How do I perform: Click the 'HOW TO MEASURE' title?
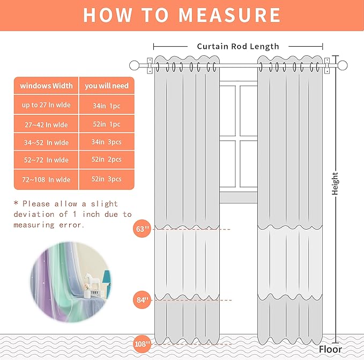(182, 15)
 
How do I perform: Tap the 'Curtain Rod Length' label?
(237, 46)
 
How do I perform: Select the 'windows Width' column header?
(47, 86)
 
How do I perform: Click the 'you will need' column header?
(106, 86)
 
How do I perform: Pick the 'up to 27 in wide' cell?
(46, 105)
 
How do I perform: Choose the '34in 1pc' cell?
(106, 106)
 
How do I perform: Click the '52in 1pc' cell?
(106, 124)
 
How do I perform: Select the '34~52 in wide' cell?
(46, 143)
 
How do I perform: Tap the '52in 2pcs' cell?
(106, 160)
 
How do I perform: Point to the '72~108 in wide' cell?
(46, 180)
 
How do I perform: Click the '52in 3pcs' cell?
(106, 179)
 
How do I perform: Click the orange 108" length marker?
(143, 344)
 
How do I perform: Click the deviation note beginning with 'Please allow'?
(72, 214)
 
